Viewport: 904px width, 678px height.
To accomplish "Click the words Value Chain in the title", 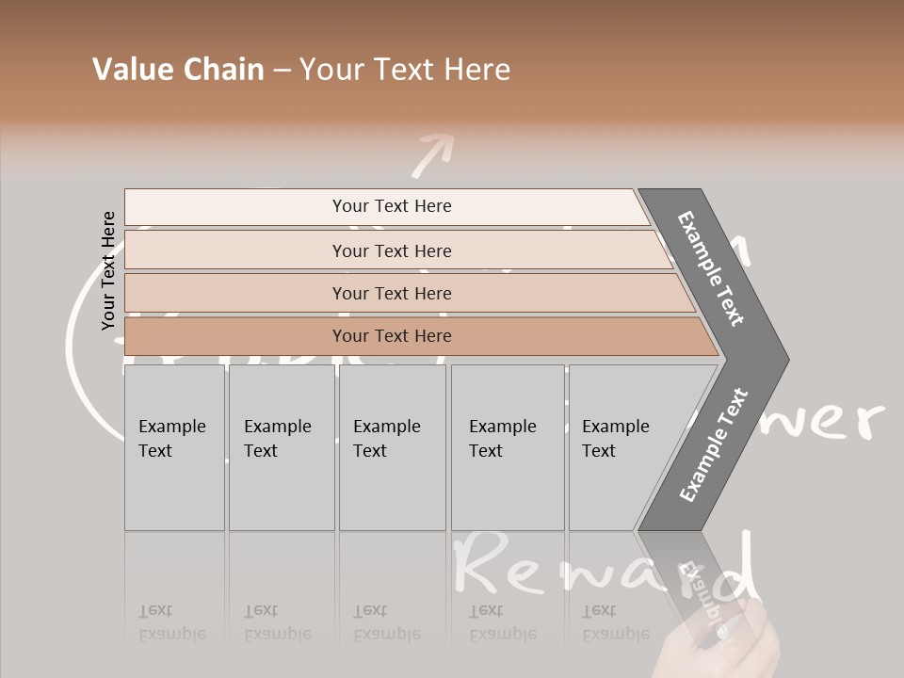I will pyautogui.click(x=178, y=70).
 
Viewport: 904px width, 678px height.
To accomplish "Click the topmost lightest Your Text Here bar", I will pyautogui.click(x=391, y=206).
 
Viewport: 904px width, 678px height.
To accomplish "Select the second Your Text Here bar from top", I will pyautogui.click(x=391, y=250).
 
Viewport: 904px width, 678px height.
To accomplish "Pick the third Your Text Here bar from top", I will pyautogui.click(x=391, y=293).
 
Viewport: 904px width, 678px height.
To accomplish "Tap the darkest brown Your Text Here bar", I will pyautogui.click(x=391, y=336).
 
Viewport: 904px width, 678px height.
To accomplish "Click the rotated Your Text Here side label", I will pyautogui.click(x=109, y=270).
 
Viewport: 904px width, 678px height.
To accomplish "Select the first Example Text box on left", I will pyautogui.click(x=174, y=447).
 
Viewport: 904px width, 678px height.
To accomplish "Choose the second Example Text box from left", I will pyautogui.click(x=281, y=447).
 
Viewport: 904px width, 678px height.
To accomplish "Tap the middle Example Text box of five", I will pyautogui.click(x=392, y=447).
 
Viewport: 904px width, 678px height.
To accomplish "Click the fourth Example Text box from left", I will pyautogui.click(x=508, y=447).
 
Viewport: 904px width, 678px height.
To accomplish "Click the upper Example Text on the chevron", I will pyautogui.click(x=712, y=268).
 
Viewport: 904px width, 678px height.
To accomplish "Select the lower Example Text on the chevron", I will pyautogui.click(x=714, y=444).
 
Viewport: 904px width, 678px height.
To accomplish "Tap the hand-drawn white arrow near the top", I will pyautogui.click(x=431, y=153).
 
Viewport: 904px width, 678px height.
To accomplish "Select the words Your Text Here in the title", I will pyautogui.click(x=405, y=70).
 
